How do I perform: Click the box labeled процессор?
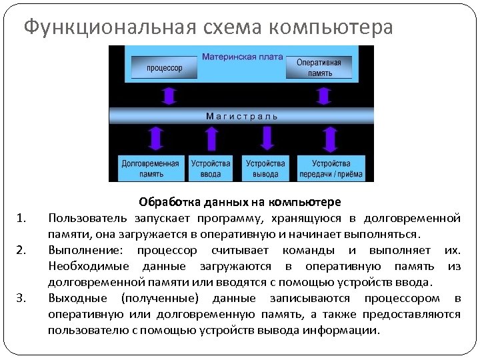tap(165, 68)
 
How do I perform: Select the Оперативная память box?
tap(319, 67)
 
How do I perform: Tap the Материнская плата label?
tap(238, 57)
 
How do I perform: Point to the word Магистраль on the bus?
tap(242, 115)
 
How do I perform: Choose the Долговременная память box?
tap(151, 169)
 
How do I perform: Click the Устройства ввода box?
tap(211, 169)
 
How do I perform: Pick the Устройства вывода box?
tap(265, 169)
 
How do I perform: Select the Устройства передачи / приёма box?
tap(331, 169)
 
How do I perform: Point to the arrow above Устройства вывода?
tap(267, 139)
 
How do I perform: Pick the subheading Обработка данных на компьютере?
tap(240, 202)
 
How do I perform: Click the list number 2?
tap(21, 251)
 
